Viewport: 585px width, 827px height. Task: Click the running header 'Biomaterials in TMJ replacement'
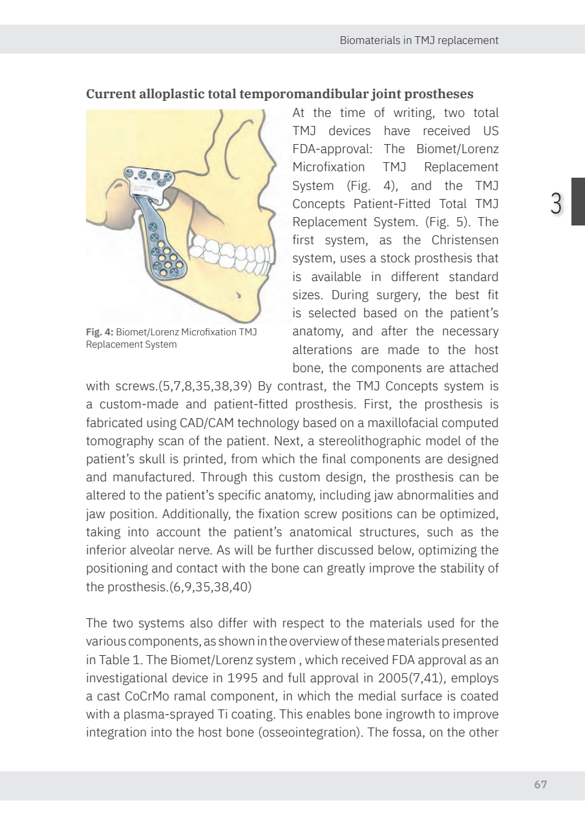[419, 40]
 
